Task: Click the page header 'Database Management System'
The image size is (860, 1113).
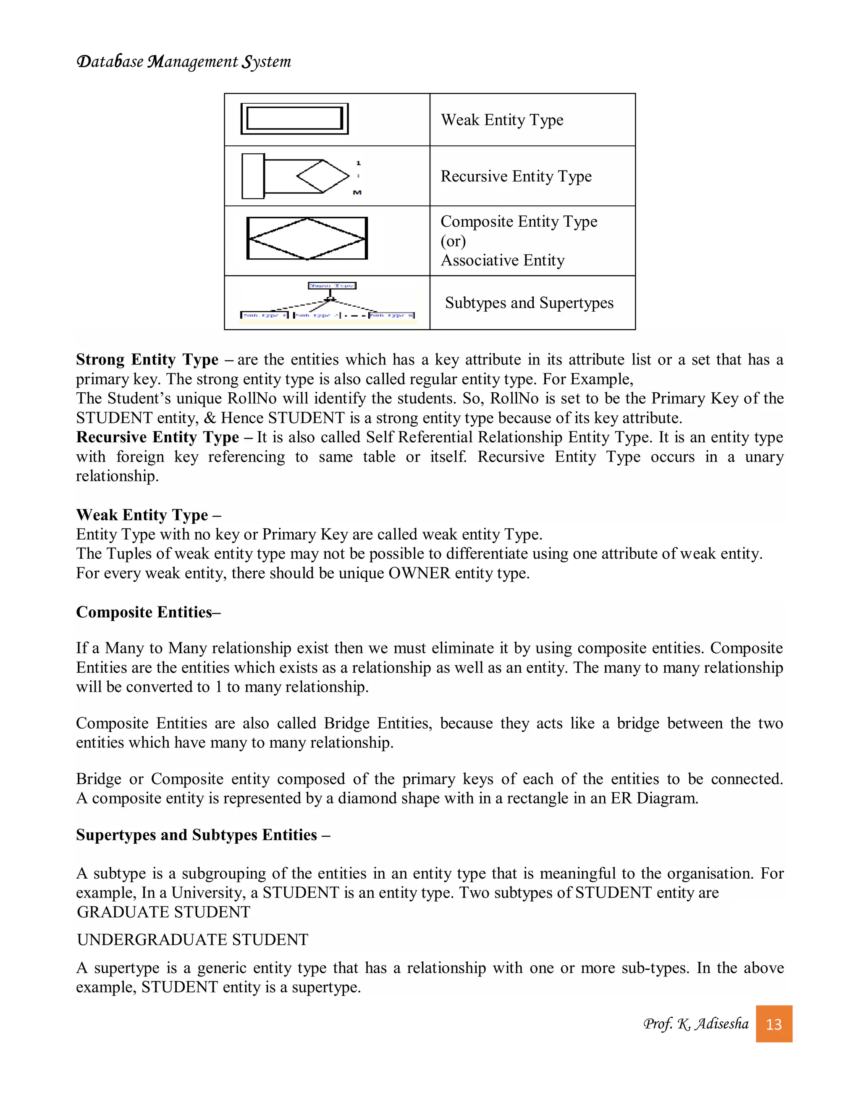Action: pos(184,62)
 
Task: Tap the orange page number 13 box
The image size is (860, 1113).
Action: pos(773,1024)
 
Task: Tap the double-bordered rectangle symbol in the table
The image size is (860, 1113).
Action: pos(294,119)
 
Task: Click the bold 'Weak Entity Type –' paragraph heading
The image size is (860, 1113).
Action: pos(148,515)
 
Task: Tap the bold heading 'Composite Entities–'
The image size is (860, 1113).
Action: pos(148,612)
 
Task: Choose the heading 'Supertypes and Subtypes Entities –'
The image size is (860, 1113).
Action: pos(203,835)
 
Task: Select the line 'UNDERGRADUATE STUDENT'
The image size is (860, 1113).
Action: pos(193,939)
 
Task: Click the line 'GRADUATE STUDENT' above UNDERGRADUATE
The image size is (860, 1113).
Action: pos(163,912)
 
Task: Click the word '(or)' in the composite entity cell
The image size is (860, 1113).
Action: pos(453,241)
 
